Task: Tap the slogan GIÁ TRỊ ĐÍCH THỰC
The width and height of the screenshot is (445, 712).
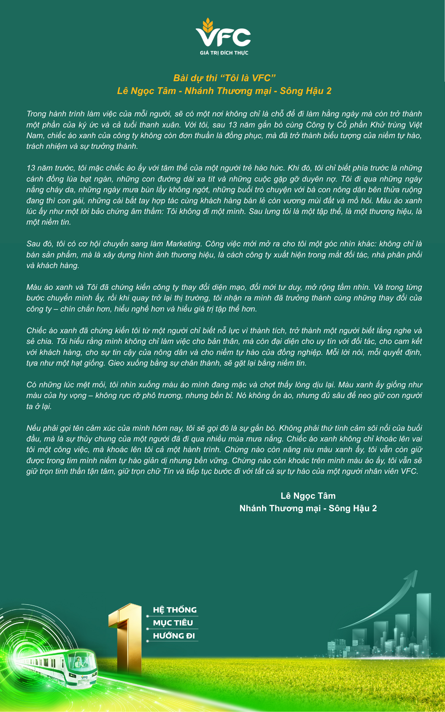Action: tap(224, 53)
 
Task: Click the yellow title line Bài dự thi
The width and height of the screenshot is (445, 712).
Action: tap(224, 78)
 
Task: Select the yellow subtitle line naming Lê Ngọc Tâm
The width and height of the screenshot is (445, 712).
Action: tap(224, 91)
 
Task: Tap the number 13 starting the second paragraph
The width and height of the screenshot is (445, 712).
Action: tap(31, 168)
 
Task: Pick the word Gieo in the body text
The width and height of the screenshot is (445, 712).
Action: tap(116, 363)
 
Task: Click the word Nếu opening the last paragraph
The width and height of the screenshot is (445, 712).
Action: tap(33, 428)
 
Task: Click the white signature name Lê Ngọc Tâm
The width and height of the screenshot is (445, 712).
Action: tap(308, 496)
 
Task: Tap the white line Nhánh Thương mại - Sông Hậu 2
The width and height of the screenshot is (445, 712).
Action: tap(308, 508)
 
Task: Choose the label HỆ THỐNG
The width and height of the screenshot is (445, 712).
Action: tap(174, 610)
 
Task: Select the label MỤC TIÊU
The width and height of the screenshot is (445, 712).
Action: tap(173, 623)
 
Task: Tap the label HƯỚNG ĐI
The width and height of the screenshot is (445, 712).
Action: tap(174, 636)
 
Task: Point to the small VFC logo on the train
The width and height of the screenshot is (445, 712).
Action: tap(84, 677)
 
